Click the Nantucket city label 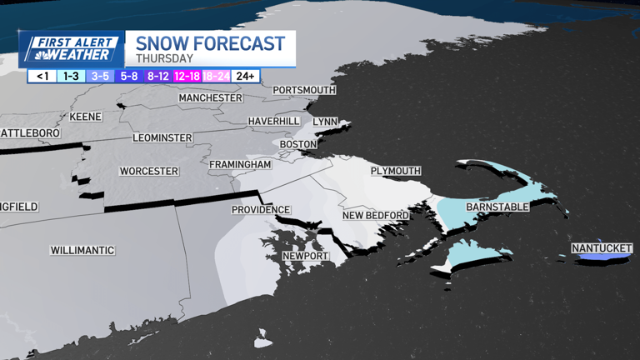point(601,248)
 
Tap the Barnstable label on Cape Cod point(497,206)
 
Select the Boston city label point(298,144)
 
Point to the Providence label point(261,210)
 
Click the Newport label point(305,256)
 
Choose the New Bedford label point(376,216)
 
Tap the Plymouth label point(396,171)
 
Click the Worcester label point(149,172)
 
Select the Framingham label point(240,165)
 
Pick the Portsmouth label point(304,90)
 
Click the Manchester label point(210,98)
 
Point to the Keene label point(85,116)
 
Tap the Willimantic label point(82,251)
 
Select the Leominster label point(162,137)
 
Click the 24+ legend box point(246,76)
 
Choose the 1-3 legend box point(71,76)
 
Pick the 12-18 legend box point(187,76)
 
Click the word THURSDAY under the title point(165,59)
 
